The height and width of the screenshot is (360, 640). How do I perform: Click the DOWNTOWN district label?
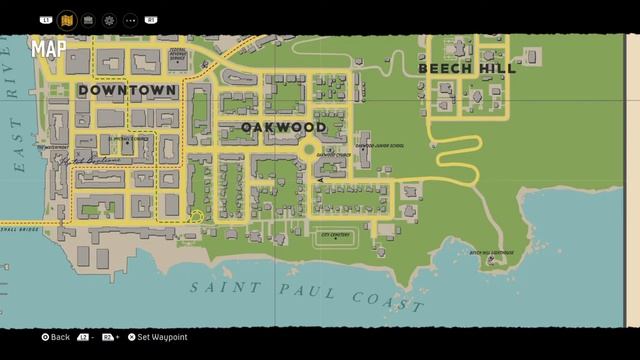coord(127,90)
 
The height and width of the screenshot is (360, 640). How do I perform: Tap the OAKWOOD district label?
coord(283,128)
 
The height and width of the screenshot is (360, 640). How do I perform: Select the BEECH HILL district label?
coord(467,69)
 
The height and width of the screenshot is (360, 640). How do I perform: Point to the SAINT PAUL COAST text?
coord(306,294)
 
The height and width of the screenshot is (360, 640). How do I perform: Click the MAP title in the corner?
coord(47,48)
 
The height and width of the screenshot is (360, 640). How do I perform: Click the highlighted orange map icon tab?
coord(67,19)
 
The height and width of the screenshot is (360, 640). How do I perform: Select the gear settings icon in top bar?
coord(109,19)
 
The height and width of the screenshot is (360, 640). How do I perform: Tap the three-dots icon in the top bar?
coord(130,19)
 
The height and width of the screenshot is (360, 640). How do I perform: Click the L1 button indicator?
coord(46,19)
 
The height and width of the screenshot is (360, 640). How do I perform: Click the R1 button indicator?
coord(152,19)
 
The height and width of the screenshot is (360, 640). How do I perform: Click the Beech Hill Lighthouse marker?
coord(491,258)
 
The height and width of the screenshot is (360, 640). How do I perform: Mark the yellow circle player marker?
coord(197,217)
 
